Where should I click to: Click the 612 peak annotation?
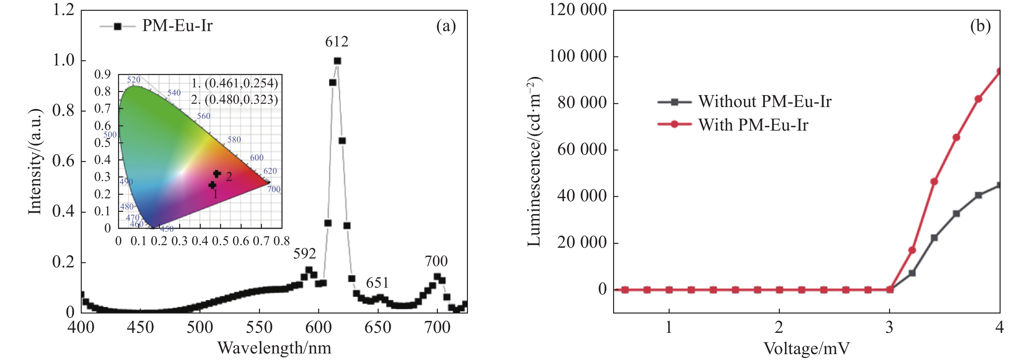click(x=337, y=42)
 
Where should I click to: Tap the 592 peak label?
click(x=305, y=254)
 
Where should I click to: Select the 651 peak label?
click(x=377, y=283)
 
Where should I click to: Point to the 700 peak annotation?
click(x=436, y=261)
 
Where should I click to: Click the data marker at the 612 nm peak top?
click(x=337, y=61)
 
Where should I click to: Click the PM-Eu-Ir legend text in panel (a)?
click(x=177, y=26)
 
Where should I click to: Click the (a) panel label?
click(x=446, y=27)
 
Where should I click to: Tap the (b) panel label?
click(x=980, y=27)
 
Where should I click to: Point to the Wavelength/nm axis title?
click(x=274, y=348)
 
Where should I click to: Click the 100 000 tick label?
click(x=577, y=56)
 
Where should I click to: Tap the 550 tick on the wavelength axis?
click(x=259, y=327)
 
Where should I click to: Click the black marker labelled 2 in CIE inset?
click(x=217, y=173)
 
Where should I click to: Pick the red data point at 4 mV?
click(x=999, y=72)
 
